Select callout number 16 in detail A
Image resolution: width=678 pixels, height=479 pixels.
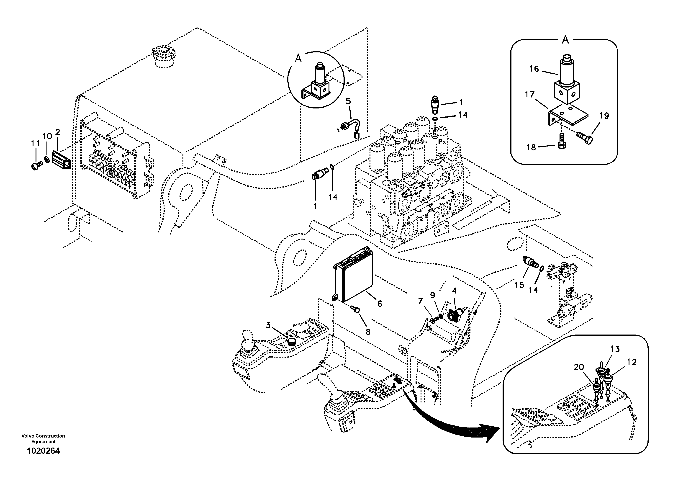click(534, 69)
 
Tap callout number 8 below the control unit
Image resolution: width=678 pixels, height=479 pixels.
click(368, 332)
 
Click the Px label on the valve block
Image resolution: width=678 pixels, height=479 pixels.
click(442, 142)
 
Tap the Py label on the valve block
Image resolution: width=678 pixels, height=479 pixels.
click(407, 142)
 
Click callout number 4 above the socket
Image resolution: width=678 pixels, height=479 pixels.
click(454, 291)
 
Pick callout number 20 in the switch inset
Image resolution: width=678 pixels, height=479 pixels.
click(578, 367)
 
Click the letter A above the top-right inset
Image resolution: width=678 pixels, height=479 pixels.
click(565, 40)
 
